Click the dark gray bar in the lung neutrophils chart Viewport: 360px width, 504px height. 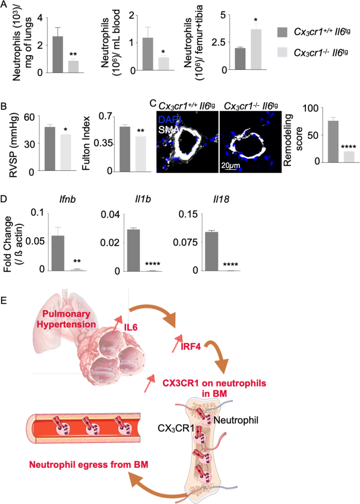58,54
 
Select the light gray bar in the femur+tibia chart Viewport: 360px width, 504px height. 256,49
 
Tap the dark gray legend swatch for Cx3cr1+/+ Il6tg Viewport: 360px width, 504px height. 283,33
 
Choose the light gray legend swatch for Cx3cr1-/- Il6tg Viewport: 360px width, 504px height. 283,52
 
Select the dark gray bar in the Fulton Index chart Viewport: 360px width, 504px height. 125,149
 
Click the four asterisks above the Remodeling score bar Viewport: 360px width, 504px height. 348,147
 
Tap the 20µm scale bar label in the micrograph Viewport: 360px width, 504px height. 230,166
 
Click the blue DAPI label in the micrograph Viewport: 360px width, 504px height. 170,120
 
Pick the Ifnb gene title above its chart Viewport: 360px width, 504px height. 68,199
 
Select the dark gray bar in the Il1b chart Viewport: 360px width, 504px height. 133,250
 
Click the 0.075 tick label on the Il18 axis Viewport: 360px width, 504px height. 186,242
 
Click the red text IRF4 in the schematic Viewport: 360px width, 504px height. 190,347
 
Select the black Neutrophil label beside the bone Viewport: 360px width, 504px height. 236,420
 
